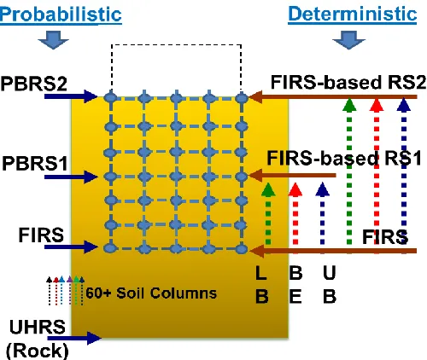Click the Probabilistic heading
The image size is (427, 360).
61,15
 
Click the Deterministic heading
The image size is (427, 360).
353,14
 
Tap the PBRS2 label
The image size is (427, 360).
33,84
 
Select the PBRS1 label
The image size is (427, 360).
35,164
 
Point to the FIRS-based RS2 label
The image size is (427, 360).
348,83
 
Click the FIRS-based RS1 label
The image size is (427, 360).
344,158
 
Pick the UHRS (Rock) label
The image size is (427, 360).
38,339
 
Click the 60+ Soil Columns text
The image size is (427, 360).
151,293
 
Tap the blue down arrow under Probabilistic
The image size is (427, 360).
53,40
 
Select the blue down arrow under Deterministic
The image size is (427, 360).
348,40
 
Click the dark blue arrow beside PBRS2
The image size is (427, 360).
71,96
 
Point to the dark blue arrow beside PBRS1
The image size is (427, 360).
71,177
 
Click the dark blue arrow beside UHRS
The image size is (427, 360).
74,338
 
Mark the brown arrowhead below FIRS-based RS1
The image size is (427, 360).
255,176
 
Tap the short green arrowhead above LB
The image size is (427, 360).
268,189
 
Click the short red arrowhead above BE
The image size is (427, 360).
295,189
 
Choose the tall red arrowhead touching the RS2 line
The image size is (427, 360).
377,104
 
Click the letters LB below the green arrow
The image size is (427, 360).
262,284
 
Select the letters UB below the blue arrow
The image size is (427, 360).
330,284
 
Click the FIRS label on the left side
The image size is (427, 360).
41,235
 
